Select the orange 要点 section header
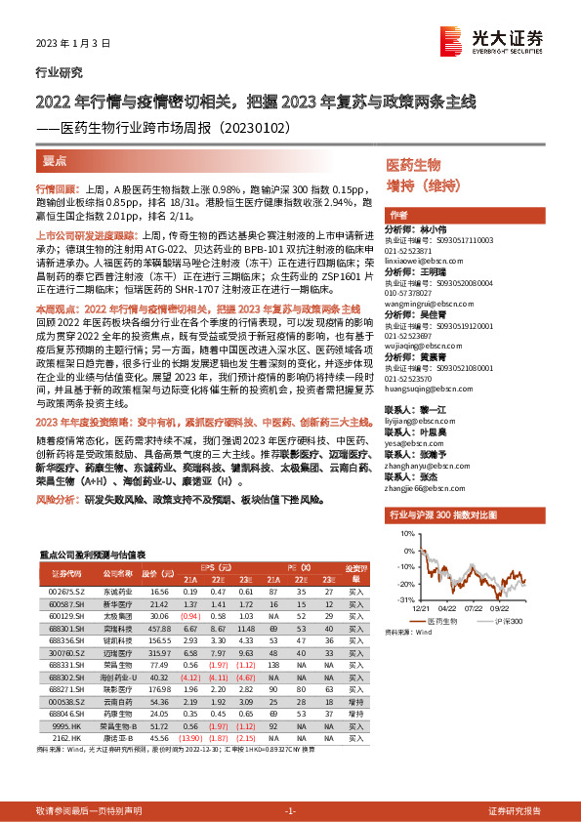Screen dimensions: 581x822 pyautogui.click(x=56, y=157)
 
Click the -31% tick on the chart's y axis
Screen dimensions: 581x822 pyautogui.click(x=405, y=599)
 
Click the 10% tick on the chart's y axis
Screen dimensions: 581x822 pyautogui.click(x=406, y=535)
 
